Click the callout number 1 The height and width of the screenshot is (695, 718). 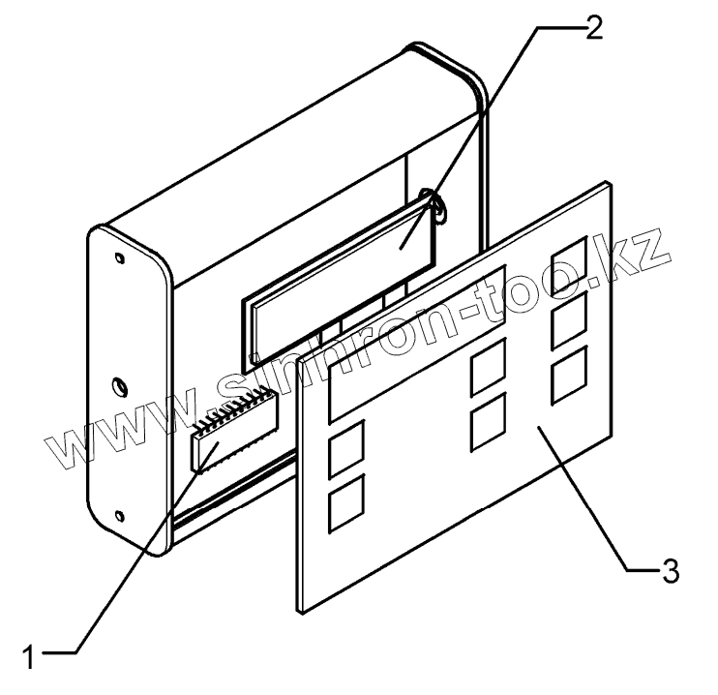pyautogui.click(x=30, y=655)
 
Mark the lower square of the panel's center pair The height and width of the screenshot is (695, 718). pyautogui.click(x=487, y=423)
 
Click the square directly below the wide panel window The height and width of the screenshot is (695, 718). pyautogui.click(x=345, y=449)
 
